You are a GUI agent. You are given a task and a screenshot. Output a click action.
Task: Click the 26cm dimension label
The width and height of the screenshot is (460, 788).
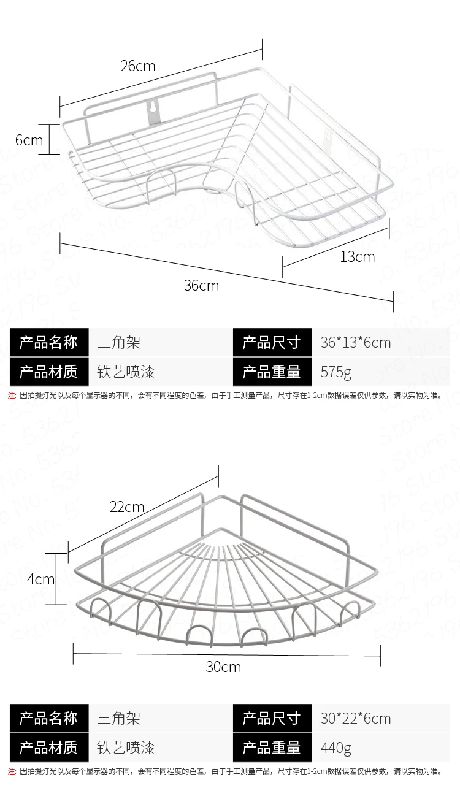click(x=137, y=66)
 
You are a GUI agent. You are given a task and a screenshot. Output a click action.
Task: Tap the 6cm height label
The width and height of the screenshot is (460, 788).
click(x=29, y=140)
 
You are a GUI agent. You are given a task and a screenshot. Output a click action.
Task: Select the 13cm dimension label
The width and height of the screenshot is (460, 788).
click(x=357, y=256)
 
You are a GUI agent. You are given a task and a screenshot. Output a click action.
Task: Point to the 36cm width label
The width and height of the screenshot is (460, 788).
click(x=201, y=285)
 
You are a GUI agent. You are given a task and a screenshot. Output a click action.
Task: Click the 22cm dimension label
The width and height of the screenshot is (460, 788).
click(x=127, y=507)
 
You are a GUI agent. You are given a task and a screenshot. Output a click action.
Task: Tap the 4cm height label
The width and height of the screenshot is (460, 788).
click(x=40, y=579)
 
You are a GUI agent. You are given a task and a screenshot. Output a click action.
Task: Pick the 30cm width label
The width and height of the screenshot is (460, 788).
click(x=223, y=667)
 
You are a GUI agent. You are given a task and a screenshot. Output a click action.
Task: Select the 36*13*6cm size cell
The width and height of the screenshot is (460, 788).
click(x=355, y=342)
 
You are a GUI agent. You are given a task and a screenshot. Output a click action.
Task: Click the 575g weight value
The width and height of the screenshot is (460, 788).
click(x=335, y=372)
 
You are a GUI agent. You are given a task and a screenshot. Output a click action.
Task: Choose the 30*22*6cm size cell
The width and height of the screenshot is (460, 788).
click(x=355, y=718)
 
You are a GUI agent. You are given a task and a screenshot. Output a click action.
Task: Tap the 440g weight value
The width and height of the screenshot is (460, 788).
click(x=335, y=748)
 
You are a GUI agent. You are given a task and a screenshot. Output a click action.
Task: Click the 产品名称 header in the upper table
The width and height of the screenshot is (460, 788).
click(x=48, y=342)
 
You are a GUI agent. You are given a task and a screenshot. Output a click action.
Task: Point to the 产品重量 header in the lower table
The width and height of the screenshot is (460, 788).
click(x=271, y=748)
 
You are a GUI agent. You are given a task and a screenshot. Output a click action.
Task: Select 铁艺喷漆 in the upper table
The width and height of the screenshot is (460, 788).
click(x=126, y=372)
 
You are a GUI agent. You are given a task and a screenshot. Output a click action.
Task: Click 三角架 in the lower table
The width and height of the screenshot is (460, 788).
click(x=119, y=718)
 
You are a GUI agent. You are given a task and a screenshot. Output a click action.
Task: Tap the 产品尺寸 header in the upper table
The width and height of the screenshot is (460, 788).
click(x=271, y=342)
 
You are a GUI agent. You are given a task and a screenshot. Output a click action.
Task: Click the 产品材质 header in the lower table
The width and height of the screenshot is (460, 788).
click(x=48, y=748)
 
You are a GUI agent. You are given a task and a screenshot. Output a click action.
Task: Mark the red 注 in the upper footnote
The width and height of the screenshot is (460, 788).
click(x=12, y=396)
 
